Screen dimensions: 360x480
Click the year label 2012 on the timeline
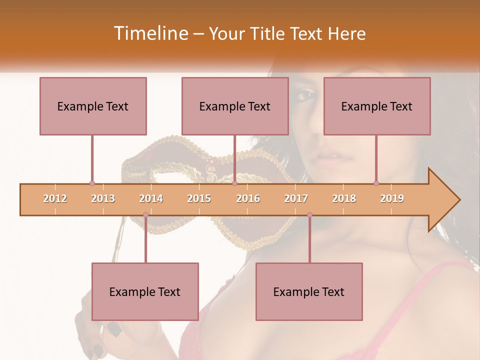coord(55,198)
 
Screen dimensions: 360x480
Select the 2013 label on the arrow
coord(103,198)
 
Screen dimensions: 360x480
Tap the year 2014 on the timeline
coord(151,198)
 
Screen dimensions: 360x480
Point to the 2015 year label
coord(199,198)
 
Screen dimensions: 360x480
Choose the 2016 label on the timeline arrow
coord(248,198)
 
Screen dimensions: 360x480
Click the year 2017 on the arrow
coord(296,198)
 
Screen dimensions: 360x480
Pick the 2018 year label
coord(344,198)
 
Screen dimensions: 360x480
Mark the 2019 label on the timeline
coord(392,198)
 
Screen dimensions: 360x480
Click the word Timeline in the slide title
coord(150,33)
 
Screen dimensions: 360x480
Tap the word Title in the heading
coord(267,34)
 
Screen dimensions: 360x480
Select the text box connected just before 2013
coord(93,106)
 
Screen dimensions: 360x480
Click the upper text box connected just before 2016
coord(235,106)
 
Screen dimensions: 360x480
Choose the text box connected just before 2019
coord(377,106)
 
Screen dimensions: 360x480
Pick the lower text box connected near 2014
coord(145,291)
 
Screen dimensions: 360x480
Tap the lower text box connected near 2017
coord(309,291)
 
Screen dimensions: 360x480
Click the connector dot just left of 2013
coord(92,183)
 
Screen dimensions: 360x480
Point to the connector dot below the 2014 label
coord(145,215)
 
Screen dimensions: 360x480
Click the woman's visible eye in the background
coord(306,94)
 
